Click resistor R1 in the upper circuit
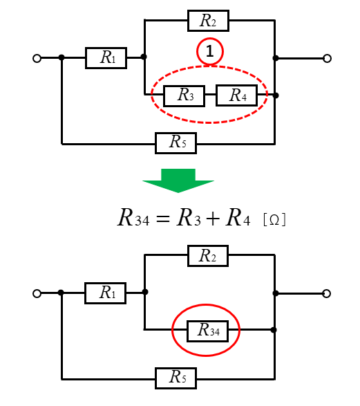pos(106,58)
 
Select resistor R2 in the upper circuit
pos(208,21)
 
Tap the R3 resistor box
pos(184,96)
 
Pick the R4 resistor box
pos(236,95)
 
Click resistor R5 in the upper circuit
pos(176,143)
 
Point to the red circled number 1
pos(210,51)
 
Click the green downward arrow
pos(178,181)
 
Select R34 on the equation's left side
pos(133,218)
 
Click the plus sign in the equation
pos(213,219)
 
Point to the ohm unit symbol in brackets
pos(274,220)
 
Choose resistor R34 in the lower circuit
pos(208,331)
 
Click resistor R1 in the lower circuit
pos(106,293)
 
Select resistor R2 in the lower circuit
pos(208,256)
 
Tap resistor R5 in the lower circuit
pos(176,378)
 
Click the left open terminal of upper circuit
pos(37,59)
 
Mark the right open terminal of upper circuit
pos(327,59)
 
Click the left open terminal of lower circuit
pos(37,294)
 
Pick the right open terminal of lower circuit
pos(327,294)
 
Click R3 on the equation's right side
pos(189,218)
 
